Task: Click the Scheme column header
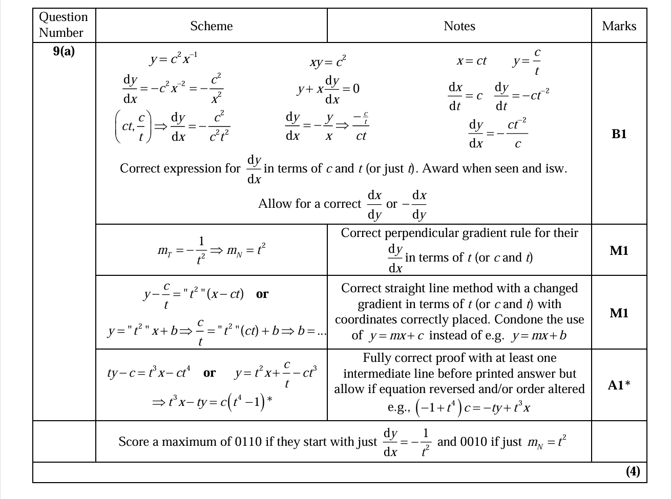tap(211, 26)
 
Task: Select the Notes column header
tap(459, 26)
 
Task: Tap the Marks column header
tap(619, 26)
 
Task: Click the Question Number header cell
tap(64, 25)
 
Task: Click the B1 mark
tap(619, 134)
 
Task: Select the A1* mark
tap(619, 385)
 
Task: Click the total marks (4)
tap(633, 471)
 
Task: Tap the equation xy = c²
tap(328, 62)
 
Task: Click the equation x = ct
tap(471, 61)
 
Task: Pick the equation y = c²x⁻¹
tap(174, 58)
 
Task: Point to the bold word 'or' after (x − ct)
tap(262, 294)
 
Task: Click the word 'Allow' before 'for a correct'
tap(274, 204)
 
